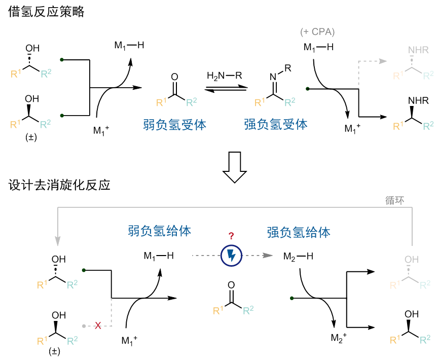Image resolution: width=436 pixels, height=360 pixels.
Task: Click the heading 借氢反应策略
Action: (46, 12)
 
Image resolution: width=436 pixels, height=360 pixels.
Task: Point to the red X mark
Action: (98, 325)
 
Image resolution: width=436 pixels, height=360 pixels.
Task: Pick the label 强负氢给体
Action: (298, 232)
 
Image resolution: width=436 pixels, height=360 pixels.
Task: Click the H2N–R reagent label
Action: (225, 76)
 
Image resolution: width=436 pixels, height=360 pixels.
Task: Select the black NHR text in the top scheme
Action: (418, 101)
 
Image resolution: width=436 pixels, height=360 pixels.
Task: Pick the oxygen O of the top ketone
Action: (175, 77)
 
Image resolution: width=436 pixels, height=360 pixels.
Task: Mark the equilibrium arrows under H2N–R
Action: (226, 89)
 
